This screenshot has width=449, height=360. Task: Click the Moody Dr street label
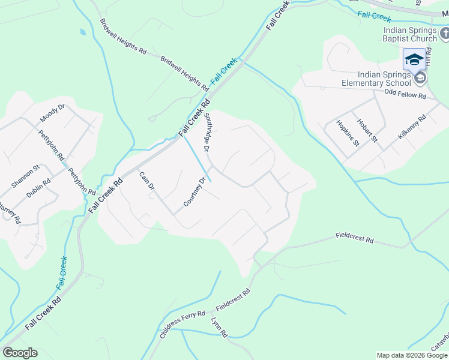coord(52,113)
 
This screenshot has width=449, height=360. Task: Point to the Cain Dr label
coord(147,181)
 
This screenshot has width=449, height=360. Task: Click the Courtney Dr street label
coord(195,192)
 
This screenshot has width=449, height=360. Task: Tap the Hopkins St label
coord(348,134)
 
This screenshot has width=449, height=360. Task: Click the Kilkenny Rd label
coord(412,127)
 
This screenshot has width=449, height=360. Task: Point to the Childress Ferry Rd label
coord(183,325)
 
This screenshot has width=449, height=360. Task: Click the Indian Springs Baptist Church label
coord(410,35)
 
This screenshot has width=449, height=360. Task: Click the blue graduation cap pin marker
coord(414,60)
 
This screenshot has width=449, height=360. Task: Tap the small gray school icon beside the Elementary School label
coord(420,78)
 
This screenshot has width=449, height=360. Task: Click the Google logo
coord(20,353)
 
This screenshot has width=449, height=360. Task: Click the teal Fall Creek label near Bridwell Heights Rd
coord(224,70)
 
